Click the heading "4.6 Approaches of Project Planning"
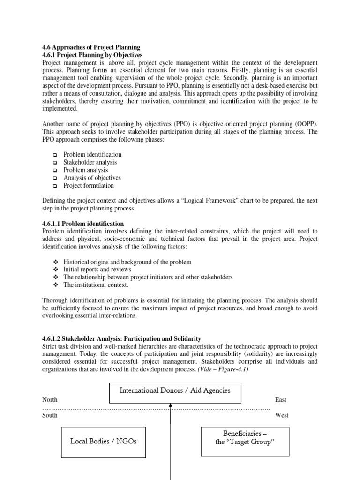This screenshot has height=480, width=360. pos(91,47)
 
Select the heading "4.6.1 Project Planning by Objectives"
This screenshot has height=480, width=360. pos(92,55)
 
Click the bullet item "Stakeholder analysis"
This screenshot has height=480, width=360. pos(90,162)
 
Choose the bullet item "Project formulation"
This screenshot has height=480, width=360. pos(89,185)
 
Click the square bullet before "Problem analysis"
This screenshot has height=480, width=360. pos(54,170)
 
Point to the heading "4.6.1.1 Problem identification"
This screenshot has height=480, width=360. pos(83,224)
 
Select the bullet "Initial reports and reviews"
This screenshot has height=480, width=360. pos(97,270)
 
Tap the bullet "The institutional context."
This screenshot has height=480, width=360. pos(96,285)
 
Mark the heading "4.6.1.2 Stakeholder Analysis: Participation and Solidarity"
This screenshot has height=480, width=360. pos(121,338)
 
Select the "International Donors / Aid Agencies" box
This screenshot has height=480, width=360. pos(175,390)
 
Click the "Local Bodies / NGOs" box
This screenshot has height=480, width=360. pos(104,442)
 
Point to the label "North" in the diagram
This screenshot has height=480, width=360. pos(50,400)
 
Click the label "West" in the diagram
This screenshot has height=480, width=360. pos(281,415)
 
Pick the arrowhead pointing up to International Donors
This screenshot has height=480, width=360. pos(171,407)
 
